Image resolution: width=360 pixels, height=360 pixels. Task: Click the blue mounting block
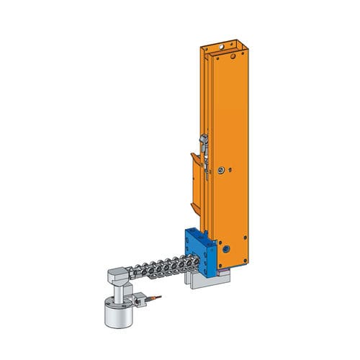click(197, 253)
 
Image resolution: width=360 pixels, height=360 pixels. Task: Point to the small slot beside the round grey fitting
click(214, 171)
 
